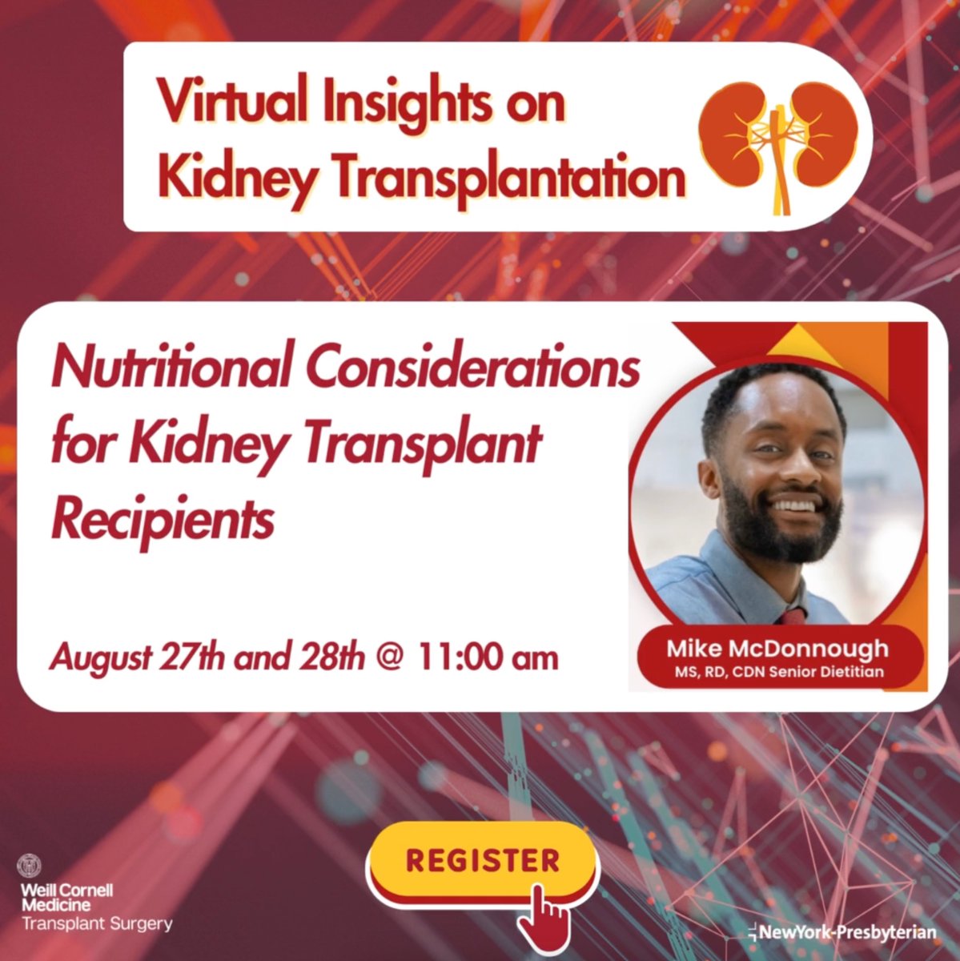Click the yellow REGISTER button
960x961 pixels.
[482, 860]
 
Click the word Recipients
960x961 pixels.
[163, 521]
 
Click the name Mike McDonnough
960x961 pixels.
[777, 649]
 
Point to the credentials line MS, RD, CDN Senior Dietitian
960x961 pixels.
[777, 672]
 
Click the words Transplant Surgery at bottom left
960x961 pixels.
[97, 924]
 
